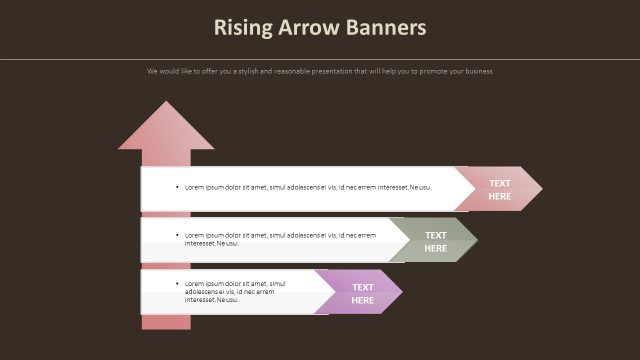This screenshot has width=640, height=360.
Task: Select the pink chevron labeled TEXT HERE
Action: pos(505,189)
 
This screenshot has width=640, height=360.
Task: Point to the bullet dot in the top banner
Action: pos(177,187)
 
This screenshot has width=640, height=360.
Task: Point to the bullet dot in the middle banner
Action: pos(177,235)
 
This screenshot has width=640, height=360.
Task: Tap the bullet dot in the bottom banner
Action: pos(177,283)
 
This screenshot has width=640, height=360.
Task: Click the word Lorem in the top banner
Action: pos(194,187)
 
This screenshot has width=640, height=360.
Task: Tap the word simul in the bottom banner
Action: pos(277,284)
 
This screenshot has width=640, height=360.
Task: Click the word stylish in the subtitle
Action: pos(248,71)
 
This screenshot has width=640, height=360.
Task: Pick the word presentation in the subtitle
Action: pos(332,71)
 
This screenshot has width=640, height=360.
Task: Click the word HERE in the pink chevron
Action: pos(499,196)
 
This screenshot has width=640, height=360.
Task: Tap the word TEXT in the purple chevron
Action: pos(362,287)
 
